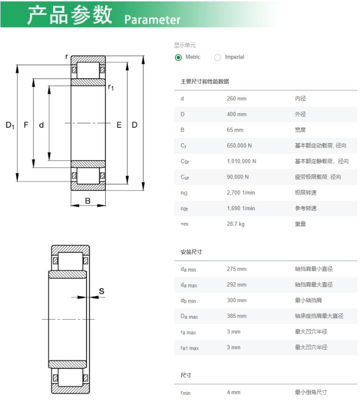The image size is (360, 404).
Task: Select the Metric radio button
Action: pyautogui.click(x=178, y=57)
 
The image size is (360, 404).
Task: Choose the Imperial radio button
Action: pyautogui.click(x=218, y=57)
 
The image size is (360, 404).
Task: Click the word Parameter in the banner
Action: pyautogui.click(x=152, y=20)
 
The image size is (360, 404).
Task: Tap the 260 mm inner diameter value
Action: pyautogui.click(x=236, y=99)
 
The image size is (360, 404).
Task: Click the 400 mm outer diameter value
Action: pyautogui.click(x=236, y=114)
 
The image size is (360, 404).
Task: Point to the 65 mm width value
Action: pyautogui.click(x=235, y=130)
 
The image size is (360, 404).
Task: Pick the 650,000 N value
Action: pyautogui.click(x=239, y=146)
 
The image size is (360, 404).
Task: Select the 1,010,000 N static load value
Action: pyautogui.click(x=242, y=161)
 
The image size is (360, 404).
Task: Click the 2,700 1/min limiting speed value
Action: pyautogui.click(x=241, y=192)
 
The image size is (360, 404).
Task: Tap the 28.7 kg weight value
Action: pyautogui.click(x=236, y=224)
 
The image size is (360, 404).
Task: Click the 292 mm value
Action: pyautogui.click(x=236, y=285)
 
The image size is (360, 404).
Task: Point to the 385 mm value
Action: pyautogui.click(x=236, y=316)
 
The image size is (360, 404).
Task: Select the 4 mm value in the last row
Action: pyautogui.click(x=234, y=392)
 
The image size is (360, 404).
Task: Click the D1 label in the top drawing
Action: pyautogui.click(x=10, y=125)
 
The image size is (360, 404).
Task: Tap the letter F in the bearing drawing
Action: pyautogui.click(x=26, y=125)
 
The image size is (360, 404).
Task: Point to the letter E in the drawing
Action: pyautogui.click(x=119, y=125)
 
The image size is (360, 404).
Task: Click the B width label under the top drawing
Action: pyautogui.click(x=88, y=201)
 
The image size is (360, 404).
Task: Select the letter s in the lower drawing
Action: pyautogui.click(x=101, y=291)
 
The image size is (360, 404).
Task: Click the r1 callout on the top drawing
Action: pyautogui.click(x=111, y=87)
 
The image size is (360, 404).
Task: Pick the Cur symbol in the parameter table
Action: pyautogui.click(x=185, y=177)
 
